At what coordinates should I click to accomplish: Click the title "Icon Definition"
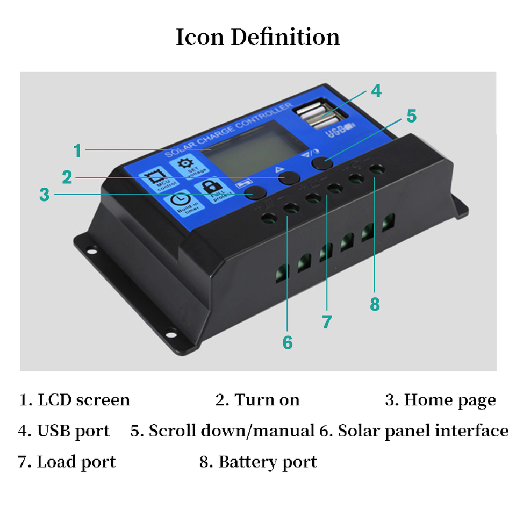[x=258, y=37]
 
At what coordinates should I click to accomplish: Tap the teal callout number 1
[x=78, y=150]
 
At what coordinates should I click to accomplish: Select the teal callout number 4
[x=376, y=91]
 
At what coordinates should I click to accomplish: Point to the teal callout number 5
[x=411, y=116]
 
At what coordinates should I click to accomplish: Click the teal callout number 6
[x=288, y=342]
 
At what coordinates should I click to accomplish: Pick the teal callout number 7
[x=327, y=322]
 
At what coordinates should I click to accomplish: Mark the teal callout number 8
[x=375, y=304]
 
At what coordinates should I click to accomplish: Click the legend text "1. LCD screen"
[x=75, y=400]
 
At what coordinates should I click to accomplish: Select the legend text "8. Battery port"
[x=258, y=462]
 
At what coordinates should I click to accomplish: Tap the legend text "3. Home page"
[x=440, y=400]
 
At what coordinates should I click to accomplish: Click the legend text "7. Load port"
[x=67, y=462]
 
